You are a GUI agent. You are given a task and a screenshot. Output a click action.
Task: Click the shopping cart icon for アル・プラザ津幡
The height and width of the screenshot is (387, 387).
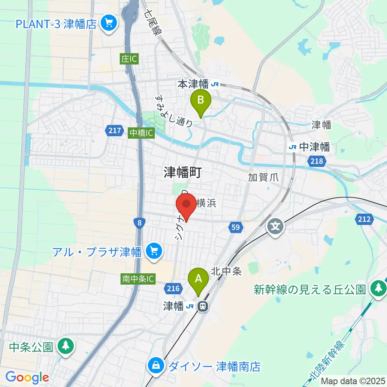click(x=154, y=252)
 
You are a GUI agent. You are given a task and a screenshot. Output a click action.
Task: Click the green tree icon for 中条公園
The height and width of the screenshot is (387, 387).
click(x=65, y=345)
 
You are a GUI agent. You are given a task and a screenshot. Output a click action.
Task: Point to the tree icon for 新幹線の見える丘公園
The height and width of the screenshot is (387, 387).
click(x=378, y=288)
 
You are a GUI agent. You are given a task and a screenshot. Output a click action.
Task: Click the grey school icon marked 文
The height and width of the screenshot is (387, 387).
click(x=275, y=226)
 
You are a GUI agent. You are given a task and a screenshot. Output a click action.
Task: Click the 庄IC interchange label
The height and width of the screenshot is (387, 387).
click(x=129, y=59)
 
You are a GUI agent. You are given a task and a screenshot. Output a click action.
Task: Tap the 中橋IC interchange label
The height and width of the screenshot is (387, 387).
click(x=141, y=133)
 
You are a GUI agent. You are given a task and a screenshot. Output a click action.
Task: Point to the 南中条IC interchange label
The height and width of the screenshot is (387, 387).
click(x=137, y=279)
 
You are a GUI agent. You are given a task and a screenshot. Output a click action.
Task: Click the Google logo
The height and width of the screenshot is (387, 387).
click(x=27, y=378)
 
